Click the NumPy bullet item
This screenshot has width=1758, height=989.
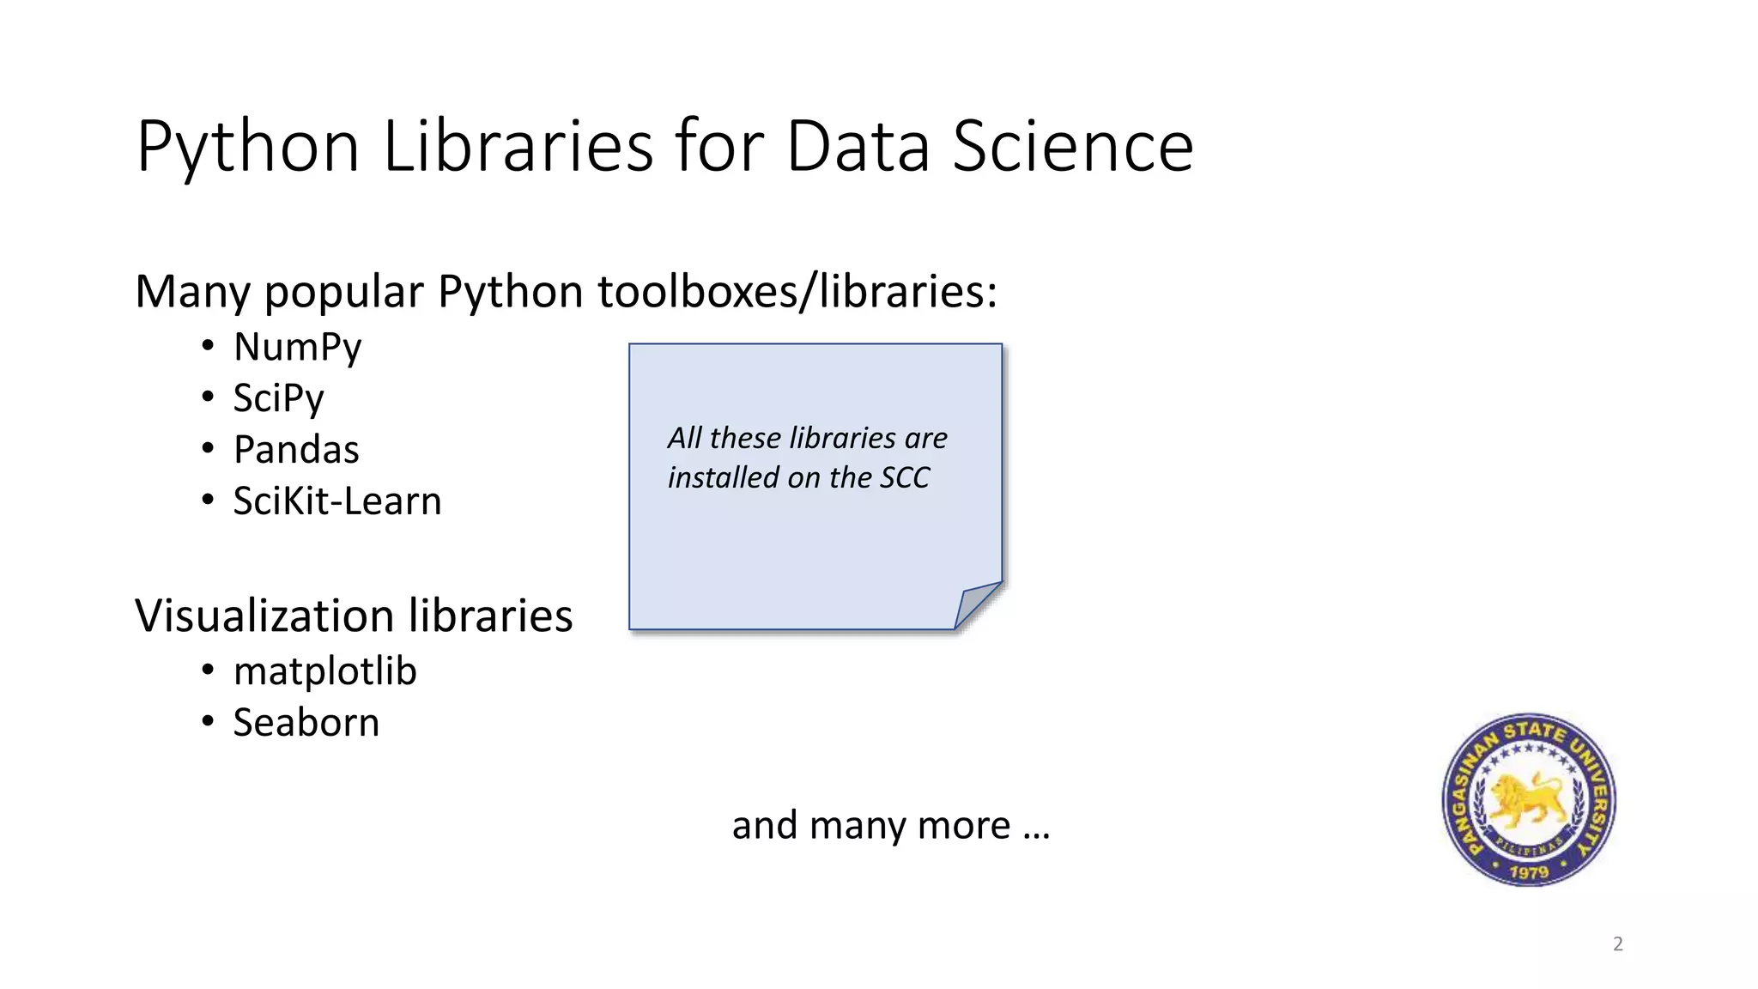[297, 348]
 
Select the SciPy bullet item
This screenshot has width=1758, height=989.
[278, 398]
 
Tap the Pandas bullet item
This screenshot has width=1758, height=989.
[296, 450]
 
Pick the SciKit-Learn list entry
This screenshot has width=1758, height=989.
[337, 501]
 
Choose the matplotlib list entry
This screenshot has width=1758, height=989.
[324, 671]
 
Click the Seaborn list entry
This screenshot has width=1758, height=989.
[306, 723]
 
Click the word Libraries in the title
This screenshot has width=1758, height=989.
[518, 146]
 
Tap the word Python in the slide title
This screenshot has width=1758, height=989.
[247, 148]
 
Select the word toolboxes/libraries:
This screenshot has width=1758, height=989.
[797, 292]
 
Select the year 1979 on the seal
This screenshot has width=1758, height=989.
[1529, 872]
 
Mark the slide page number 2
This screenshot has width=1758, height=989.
[1618, 944]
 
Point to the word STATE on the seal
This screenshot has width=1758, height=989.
[1534, 731]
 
